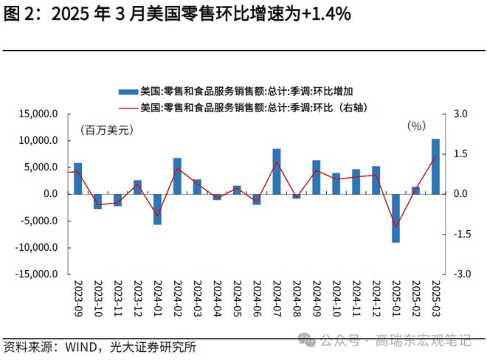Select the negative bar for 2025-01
coord(396,218)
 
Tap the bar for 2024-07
coord(276,171)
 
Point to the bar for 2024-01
coord(157,209)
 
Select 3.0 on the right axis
coord(460,114)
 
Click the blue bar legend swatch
coord(130,91)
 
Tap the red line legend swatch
coord(130,108)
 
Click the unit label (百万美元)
coord(106,131)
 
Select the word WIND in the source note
coord(79,347)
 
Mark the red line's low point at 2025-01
coord(396,227)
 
